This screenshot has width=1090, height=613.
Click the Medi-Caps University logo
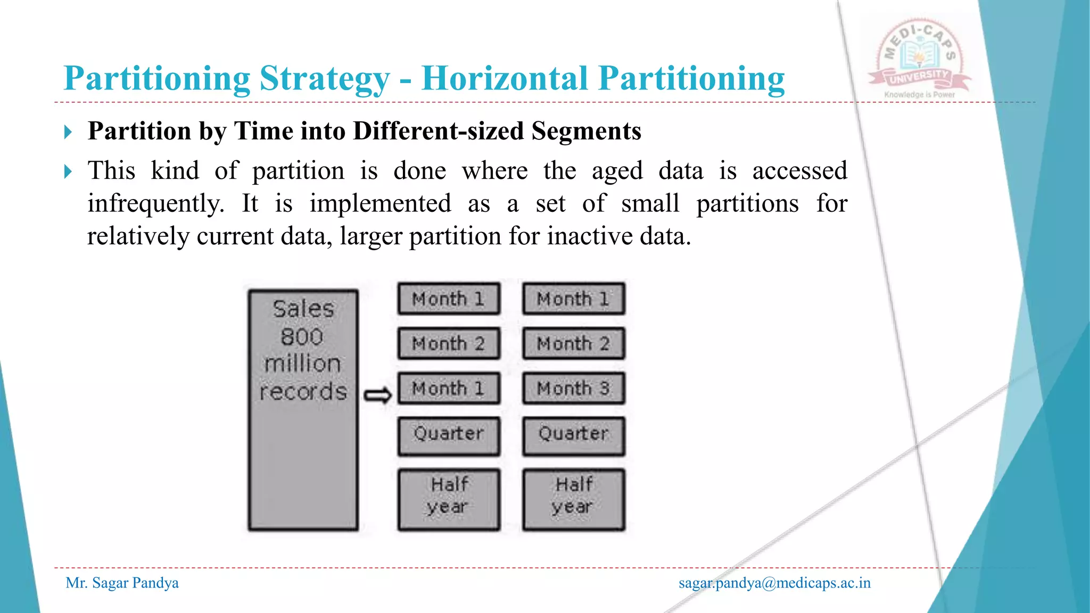[919, 60]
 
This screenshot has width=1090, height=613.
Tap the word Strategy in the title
[325, 79]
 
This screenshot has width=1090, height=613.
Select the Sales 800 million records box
[303, 410]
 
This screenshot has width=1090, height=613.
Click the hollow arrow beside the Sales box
[377, 395]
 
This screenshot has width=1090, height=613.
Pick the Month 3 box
[573, 388]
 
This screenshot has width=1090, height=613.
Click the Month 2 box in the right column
[573, 344]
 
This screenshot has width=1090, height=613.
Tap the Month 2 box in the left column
[448, 344]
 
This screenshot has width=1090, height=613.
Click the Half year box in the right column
[573, 499]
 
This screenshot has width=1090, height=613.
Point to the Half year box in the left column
[448, 499]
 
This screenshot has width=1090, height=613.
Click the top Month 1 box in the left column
[448, 299]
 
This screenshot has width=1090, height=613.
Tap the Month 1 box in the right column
[573, 299]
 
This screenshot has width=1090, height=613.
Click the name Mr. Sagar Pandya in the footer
[122, 583]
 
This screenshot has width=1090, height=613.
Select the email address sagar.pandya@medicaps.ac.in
[774, 583]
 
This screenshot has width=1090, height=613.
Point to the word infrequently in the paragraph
[156, 204]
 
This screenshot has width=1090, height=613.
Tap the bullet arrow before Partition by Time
[68, 131]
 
